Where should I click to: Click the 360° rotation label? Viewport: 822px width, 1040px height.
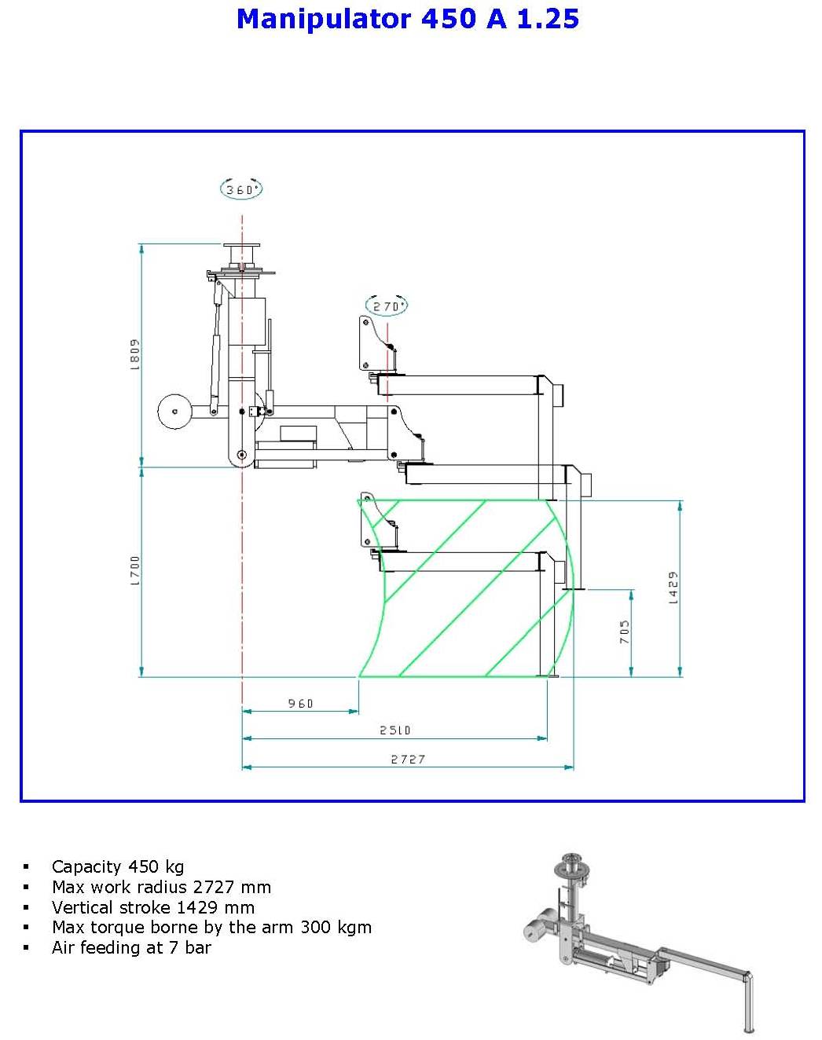(x=240, y=189)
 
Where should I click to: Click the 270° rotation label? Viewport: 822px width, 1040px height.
(x=387, y=306)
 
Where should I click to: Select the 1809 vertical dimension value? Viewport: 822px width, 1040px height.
(x=134, y=353)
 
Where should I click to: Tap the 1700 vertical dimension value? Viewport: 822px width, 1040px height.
(x=134, y=571)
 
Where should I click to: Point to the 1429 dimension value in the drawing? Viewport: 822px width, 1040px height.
(x=673, y=588)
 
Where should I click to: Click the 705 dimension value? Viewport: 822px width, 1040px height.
(x=624, y=632)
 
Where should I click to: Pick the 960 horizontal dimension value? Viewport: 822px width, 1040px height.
(x=300, y=703)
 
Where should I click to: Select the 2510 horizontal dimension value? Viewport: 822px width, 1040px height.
(x=394, y=730)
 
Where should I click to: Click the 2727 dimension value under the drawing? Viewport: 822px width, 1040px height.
(x=408, y=759)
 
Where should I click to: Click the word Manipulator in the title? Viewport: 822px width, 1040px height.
(x=323, y=19)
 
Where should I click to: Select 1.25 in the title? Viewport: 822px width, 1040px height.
(x=548, y=19)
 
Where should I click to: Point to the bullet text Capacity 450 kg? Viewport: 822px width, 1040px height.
(x=117, y=866)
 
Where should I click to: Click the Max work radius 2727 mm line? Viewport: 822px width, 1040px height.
(x=161, y=887)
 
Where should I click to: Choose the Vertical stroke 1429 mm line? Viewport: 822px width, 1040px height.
(x=153, y=907)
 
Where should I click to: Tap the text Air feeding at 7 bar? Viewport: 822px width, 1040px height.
(x=131, y=947)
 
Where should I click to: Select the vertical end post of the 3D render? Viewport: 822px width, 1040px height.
(x=748, y=1002)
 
